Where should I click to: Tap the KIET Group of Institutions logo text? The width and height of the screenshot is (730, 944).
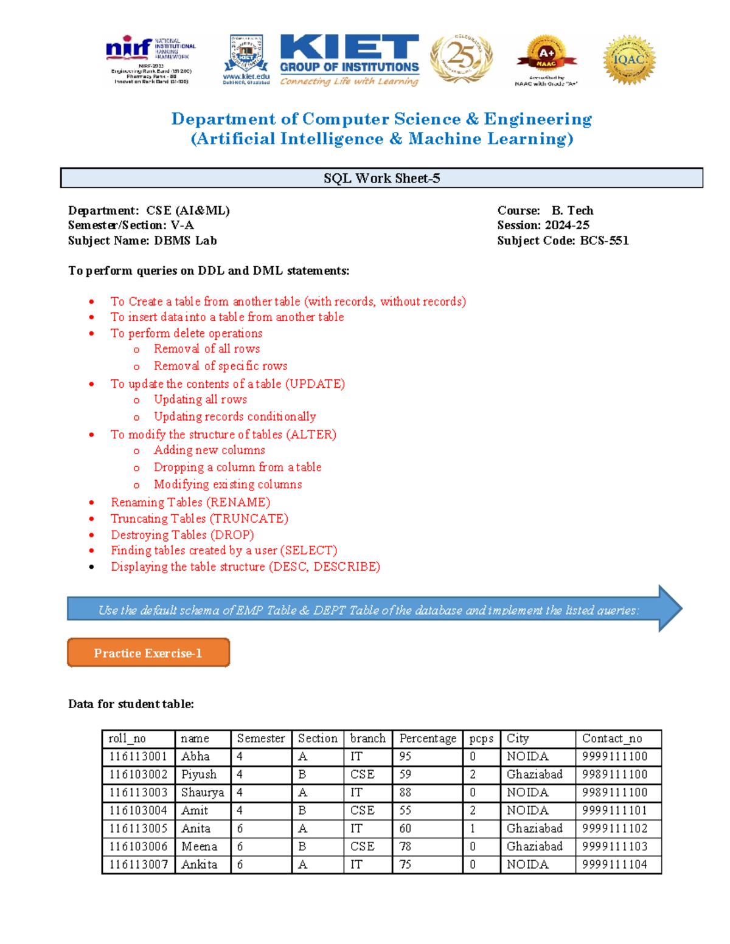tap(349, 60)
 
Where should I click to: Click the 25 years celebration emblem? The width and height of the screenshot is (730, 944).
tap(461, 58)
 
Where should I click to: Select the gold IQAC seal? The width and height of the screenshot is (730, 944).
tap(629, 60)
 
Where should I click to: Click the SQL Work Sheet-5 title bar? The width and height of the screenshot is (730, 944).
tap(381, 178)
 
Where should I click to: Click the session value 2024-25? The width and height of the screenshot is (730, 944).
tap(566, 225)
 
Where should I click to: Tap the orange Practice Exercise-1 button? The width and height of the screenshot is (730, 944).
tap(148, 653)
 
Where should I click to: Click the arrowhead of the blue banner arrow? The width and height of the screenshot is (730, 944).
tap(669, 608)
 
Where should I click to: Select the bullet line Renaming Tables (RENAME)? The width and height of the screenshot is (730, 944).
tap(190, 502)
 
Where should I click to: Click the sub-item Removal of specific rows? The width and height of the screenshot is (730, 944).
tap(220, 366)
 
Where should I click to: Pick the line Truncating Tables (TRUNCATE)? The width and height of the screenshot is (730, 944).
tap(199, 519)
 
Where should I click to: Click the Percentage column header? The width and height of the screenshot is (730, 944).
tap(427, 739)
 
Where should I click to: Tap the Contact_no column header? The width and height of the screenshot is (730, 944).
tap(611, 739)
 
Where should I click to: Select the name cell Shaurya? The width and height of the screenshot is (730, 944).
tap(202, 793)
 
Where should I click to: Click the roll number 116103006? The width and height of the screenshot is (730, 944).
tap(138, 846)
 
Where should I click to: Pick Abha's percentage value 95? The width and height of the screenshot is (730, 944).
tap(405, 757)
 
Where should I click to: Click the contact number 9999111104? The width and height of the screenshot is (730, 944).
tap(614, 864)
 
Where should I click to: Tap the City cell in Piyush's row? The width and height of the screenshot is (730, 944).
tap(534, 774)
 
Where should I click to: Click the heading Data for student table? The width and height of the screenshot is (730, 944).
tap(131, 704)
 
